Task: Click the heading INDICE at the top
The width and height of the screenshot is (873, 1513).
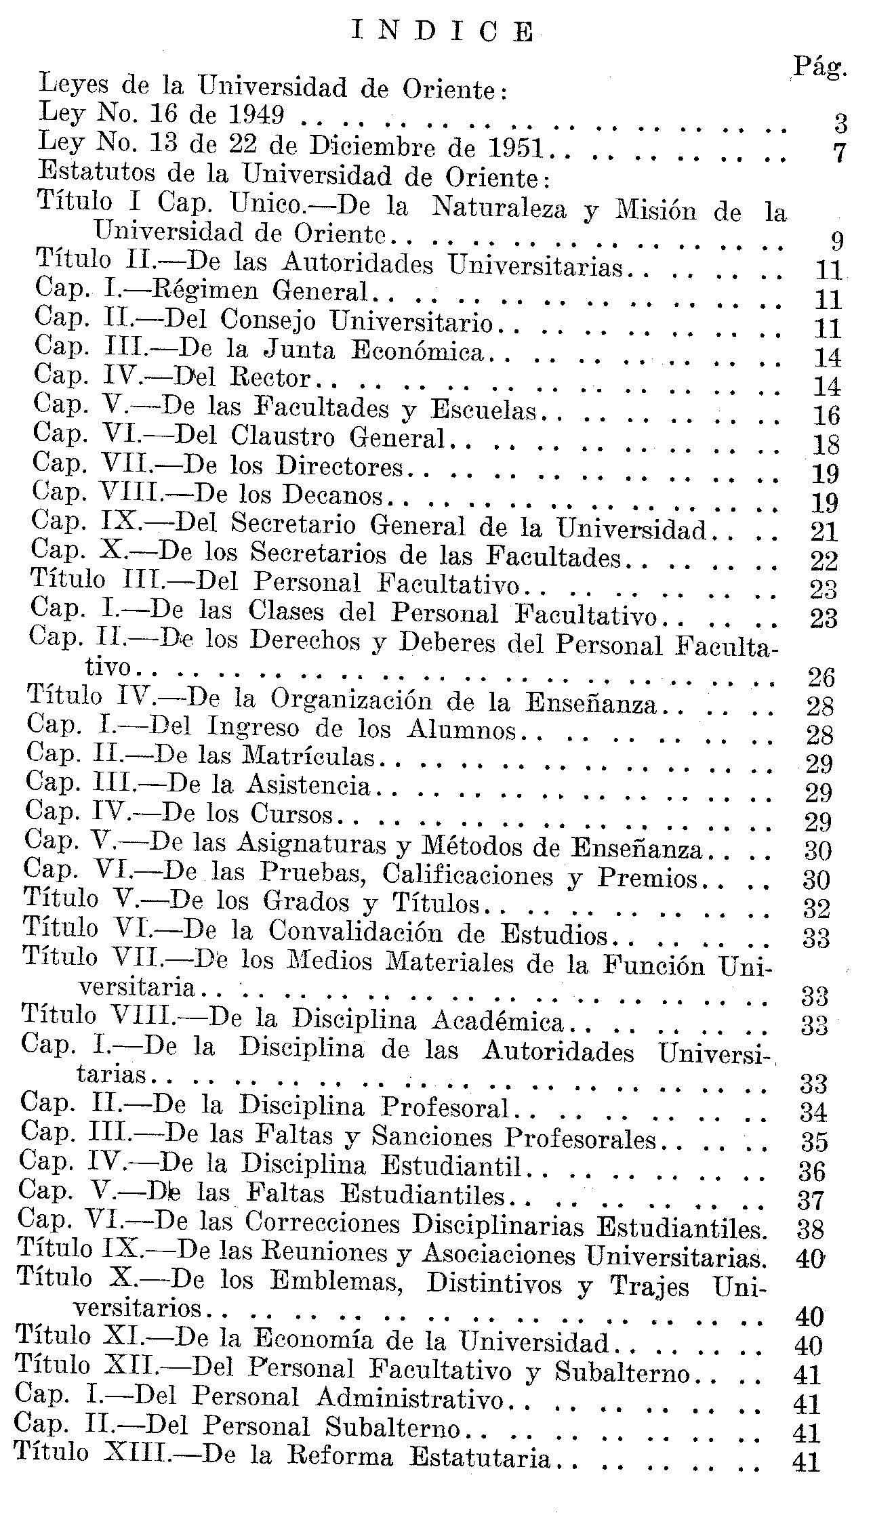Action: click(443, 32)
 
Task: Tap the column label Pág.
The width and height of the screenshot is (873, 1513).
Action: click(821, 66)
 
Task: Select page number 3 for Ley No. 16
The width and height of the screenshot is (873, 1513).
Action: click(840, 124)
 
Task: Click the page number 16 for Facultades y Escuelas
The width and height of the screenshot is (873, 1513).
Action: click(826, 415)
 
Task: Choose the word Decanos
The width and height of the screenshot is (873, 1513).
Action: click(333, 496)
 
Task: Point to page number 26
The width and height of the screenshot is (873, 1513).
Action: click(821, 677)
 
